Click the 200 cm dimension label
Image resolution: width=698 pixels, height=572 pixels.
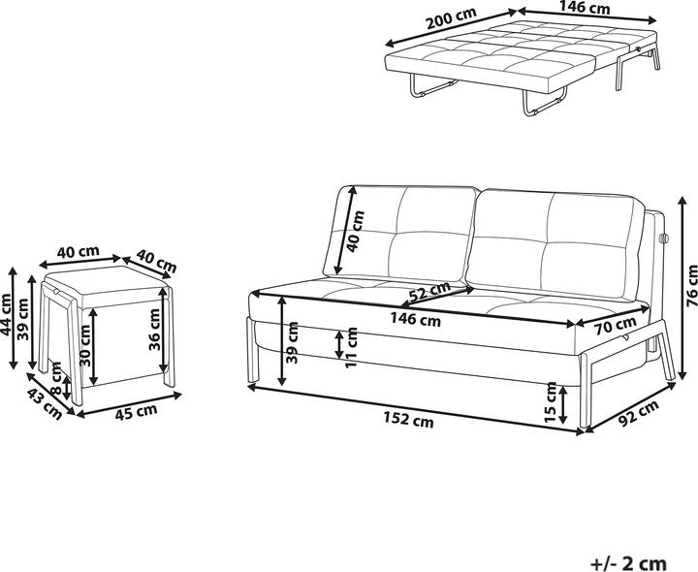click(451, 18)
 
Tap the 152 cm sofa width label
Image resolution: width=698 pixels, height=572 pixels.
click(408, 419)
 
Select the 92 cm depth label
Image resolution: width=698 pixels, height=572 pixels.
click(637, 413)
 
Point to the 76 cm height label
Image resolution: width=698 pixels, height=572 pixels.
click(692, 285)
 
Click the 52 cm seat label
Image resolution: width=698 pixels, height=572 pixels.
click(429, 293)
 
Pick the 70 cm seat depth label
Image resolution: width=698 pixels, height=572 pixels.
click(617, 326)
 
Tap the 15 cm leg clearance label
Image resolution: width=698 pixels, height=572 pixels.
click(551, 402)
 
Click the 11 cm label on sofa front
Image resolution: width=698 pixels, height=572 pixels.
click(351, 347)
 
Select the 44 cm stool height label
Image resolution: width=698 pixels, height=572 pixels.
click(6, 315)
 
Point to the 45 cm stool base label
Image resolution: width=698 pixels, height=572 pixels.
click(137, 411)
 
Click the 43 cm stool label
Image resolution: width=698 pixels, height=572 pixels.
click(44, 403)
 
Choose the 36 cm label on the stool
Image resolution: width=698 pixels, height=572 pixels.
click(154, 330)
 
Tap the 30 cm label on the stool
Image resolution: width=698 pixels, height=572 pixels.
click(84, 345)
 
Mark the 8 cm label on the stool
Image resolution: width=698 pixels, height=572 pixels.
click(56, 377)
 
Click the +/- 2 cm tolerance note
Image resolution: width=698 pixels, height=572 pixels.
click(628, 563)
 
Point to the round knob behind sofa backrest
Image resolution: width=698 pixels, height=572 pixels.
click(663, 238)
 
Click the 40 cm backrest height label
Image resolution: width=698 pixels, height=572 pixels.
click(356, 231)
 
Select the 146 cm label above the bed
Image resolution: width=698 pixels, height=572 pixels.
click(584, 8)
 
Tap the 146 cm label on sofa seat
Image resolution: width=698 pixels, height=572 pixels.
click(415, 319)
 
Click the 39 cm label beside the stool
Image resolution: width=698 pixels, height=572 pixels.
click(22, 319)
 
